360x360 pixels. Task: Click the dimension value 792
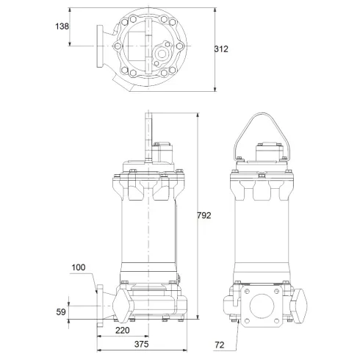pyautogui.click(x=205, y=215)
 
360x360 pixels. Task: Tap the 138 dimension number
pyautogui.click(x=62, y=26)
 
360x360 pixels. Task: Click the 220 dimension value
pyautogui.click(x=123, y=331)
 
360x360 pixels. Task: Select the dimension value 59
pyautogui.click(x=62, y=312)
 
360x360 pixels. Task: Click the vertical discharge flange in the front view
pyautogui.click(x=99, y=302)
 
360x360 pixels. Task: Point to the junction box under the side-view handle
pyautogui.click(x=267, y=154)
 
